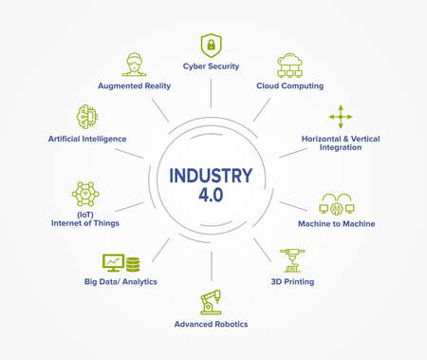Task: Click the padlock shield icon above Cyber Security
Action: click(210, 45)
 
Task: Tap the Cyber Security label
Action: click(211, 66)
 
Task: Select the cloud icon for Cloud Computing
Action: click(289, 66)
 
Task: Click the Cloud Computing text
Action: click(289, 86)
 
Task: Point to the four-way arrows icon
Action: click(340, 117)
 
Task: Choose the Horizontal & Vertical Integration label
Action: click(340, 143)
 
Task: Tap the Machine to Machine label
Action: click(338, 224)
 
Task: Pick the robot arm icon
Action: click(211, 301)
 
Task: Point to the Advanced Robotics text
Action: click(211, 324)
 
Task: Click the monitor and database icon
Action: click(120, 262)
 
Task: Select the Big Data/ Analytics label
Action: click(120, 282)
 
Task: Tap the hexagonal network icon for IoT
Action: click(85, 194)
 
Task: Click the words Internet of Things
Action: click(85, 224)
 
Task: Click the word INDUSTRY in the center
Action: click(211, 175)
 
